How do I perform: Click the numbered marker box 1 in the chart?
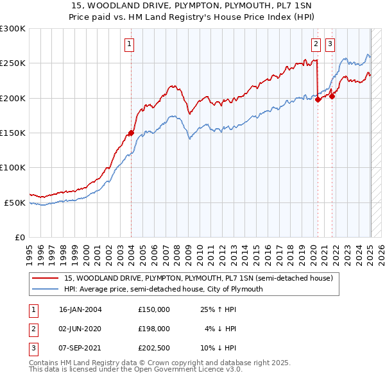coord(130,44)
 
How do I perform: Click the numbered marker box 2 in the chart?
coord(316,44)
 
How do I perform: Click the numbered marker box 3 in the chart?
coord(330,44)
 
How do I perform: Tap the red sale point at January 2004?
coord(131,133)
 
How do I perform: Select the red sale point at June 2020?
coord(318,99)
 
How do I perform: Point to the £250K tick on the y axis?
coord(13,63)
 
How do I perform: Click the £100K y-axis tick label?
coord(13,167)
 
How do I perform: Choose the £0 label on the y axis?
coord(19,237)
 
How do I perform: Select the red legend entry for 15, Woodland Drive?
coord(198,279)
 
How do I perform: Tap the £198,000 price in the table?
coord(154,328)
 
